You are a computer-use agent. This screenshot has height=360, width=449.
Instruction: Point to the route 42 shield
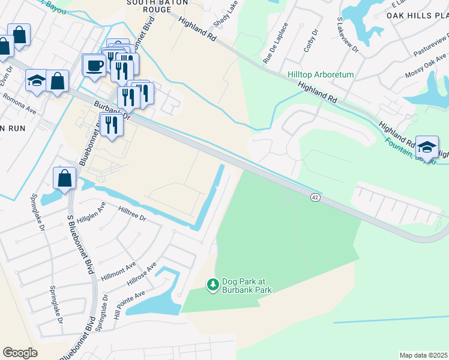[315, 197]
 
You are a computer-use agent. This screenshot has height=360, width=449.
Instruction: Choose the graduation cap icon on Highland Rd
[426, 146]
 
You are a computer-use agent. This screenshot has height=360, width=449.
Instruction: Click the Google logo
[20, 353]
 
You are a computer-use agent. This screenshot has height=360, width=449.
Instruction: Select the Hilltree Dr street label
[133, 215]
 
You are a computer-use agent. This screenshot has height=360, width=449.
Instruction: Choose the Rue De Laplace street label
[276, 43]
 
